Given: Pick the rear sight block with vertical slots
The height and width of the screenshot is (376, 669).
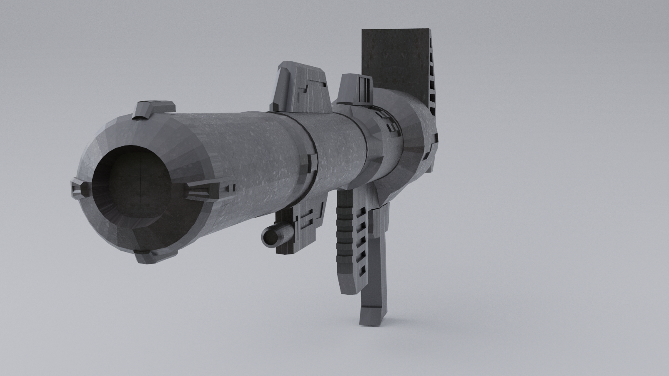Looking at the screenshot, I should click(356, 90).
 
